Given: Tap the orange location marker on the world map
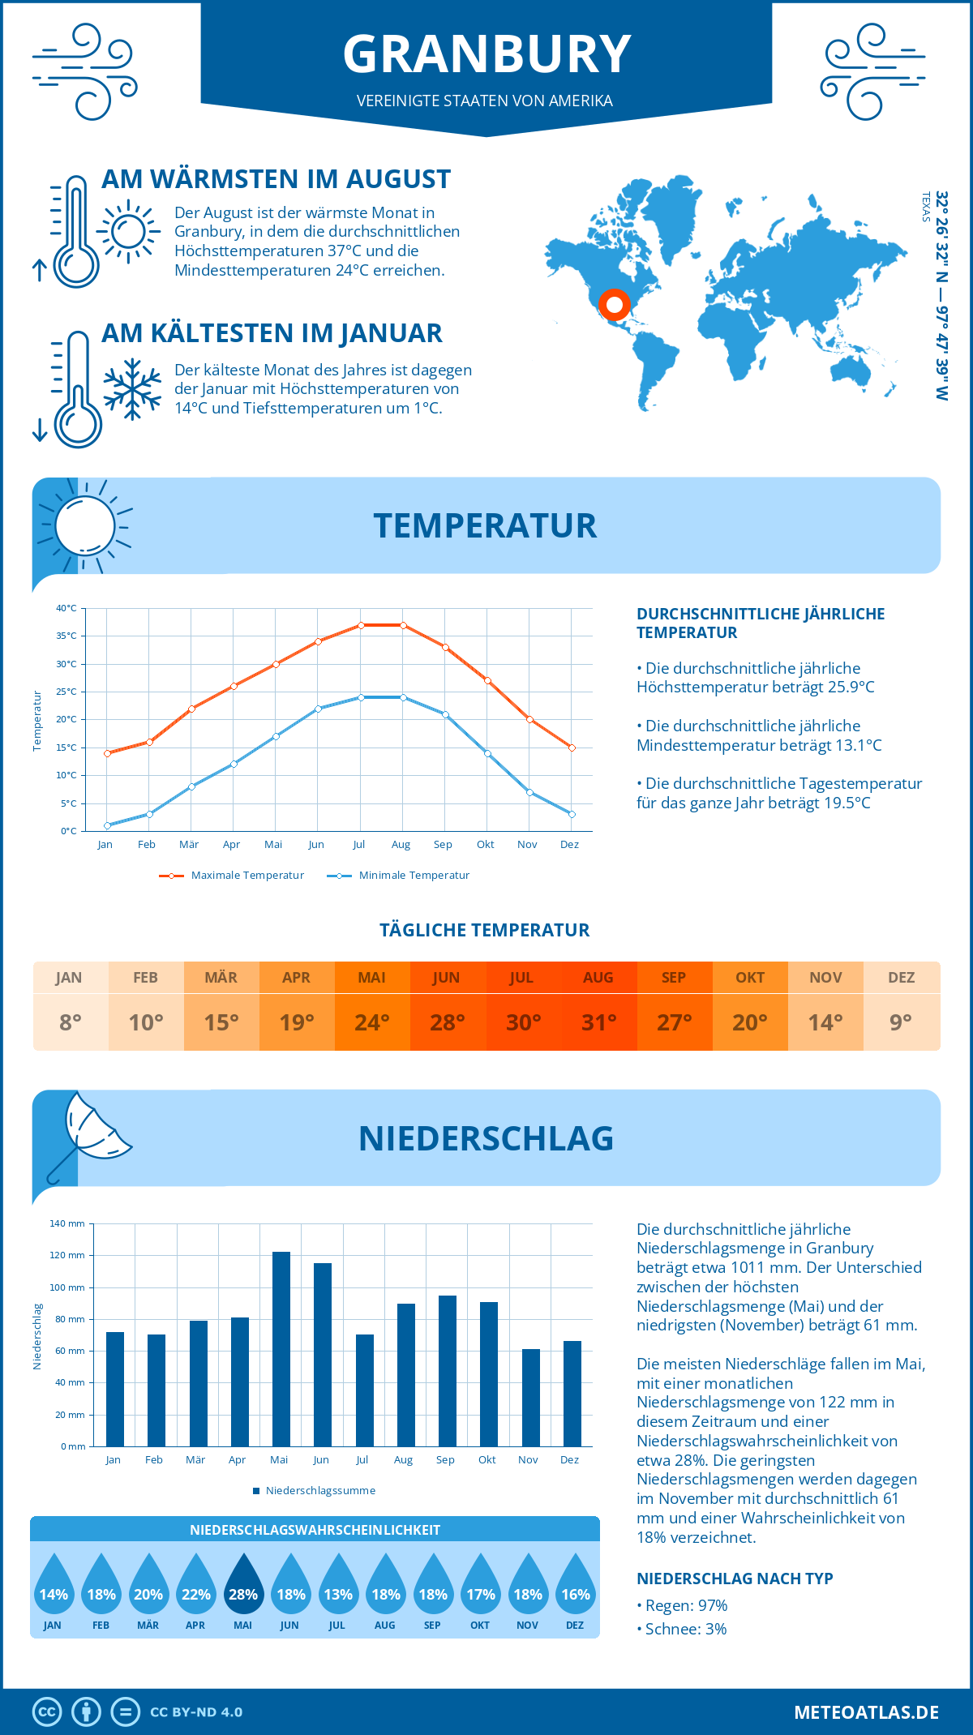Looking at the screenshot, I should tap(614, 304).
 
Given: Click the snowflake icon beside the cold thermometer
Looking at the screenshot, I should tap(132, 389).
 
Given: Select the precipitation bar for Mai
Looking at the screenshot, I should tap(281, 1349).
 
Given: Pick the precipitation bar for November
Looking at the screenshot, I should tap(530, 1397).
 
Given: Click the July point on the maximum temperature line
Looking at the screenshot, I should tap(361, 625).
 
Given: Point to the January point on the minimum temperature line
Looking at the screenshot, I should tap(107, 825).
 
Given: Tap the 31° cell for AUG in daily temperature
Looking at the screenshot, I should tap(598, 1022).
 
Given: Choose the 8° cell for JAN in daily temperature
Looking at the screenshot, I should tap(70, 1022).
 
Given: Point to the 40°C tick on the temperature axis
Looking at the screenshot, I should tap(66, 608).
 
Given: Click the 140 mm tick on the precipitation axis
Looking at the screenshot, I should tap(67, 1223).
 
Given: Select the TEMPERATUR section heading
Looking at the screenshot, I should tap(485, 525).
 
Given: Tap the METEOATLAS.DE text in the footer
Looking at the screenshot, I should tap(866, 1712).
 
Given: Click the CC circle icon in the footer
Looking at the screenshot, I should tap(47, 1712).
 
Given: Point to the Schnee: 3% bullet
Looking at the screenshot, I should tap(682, 1629).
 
